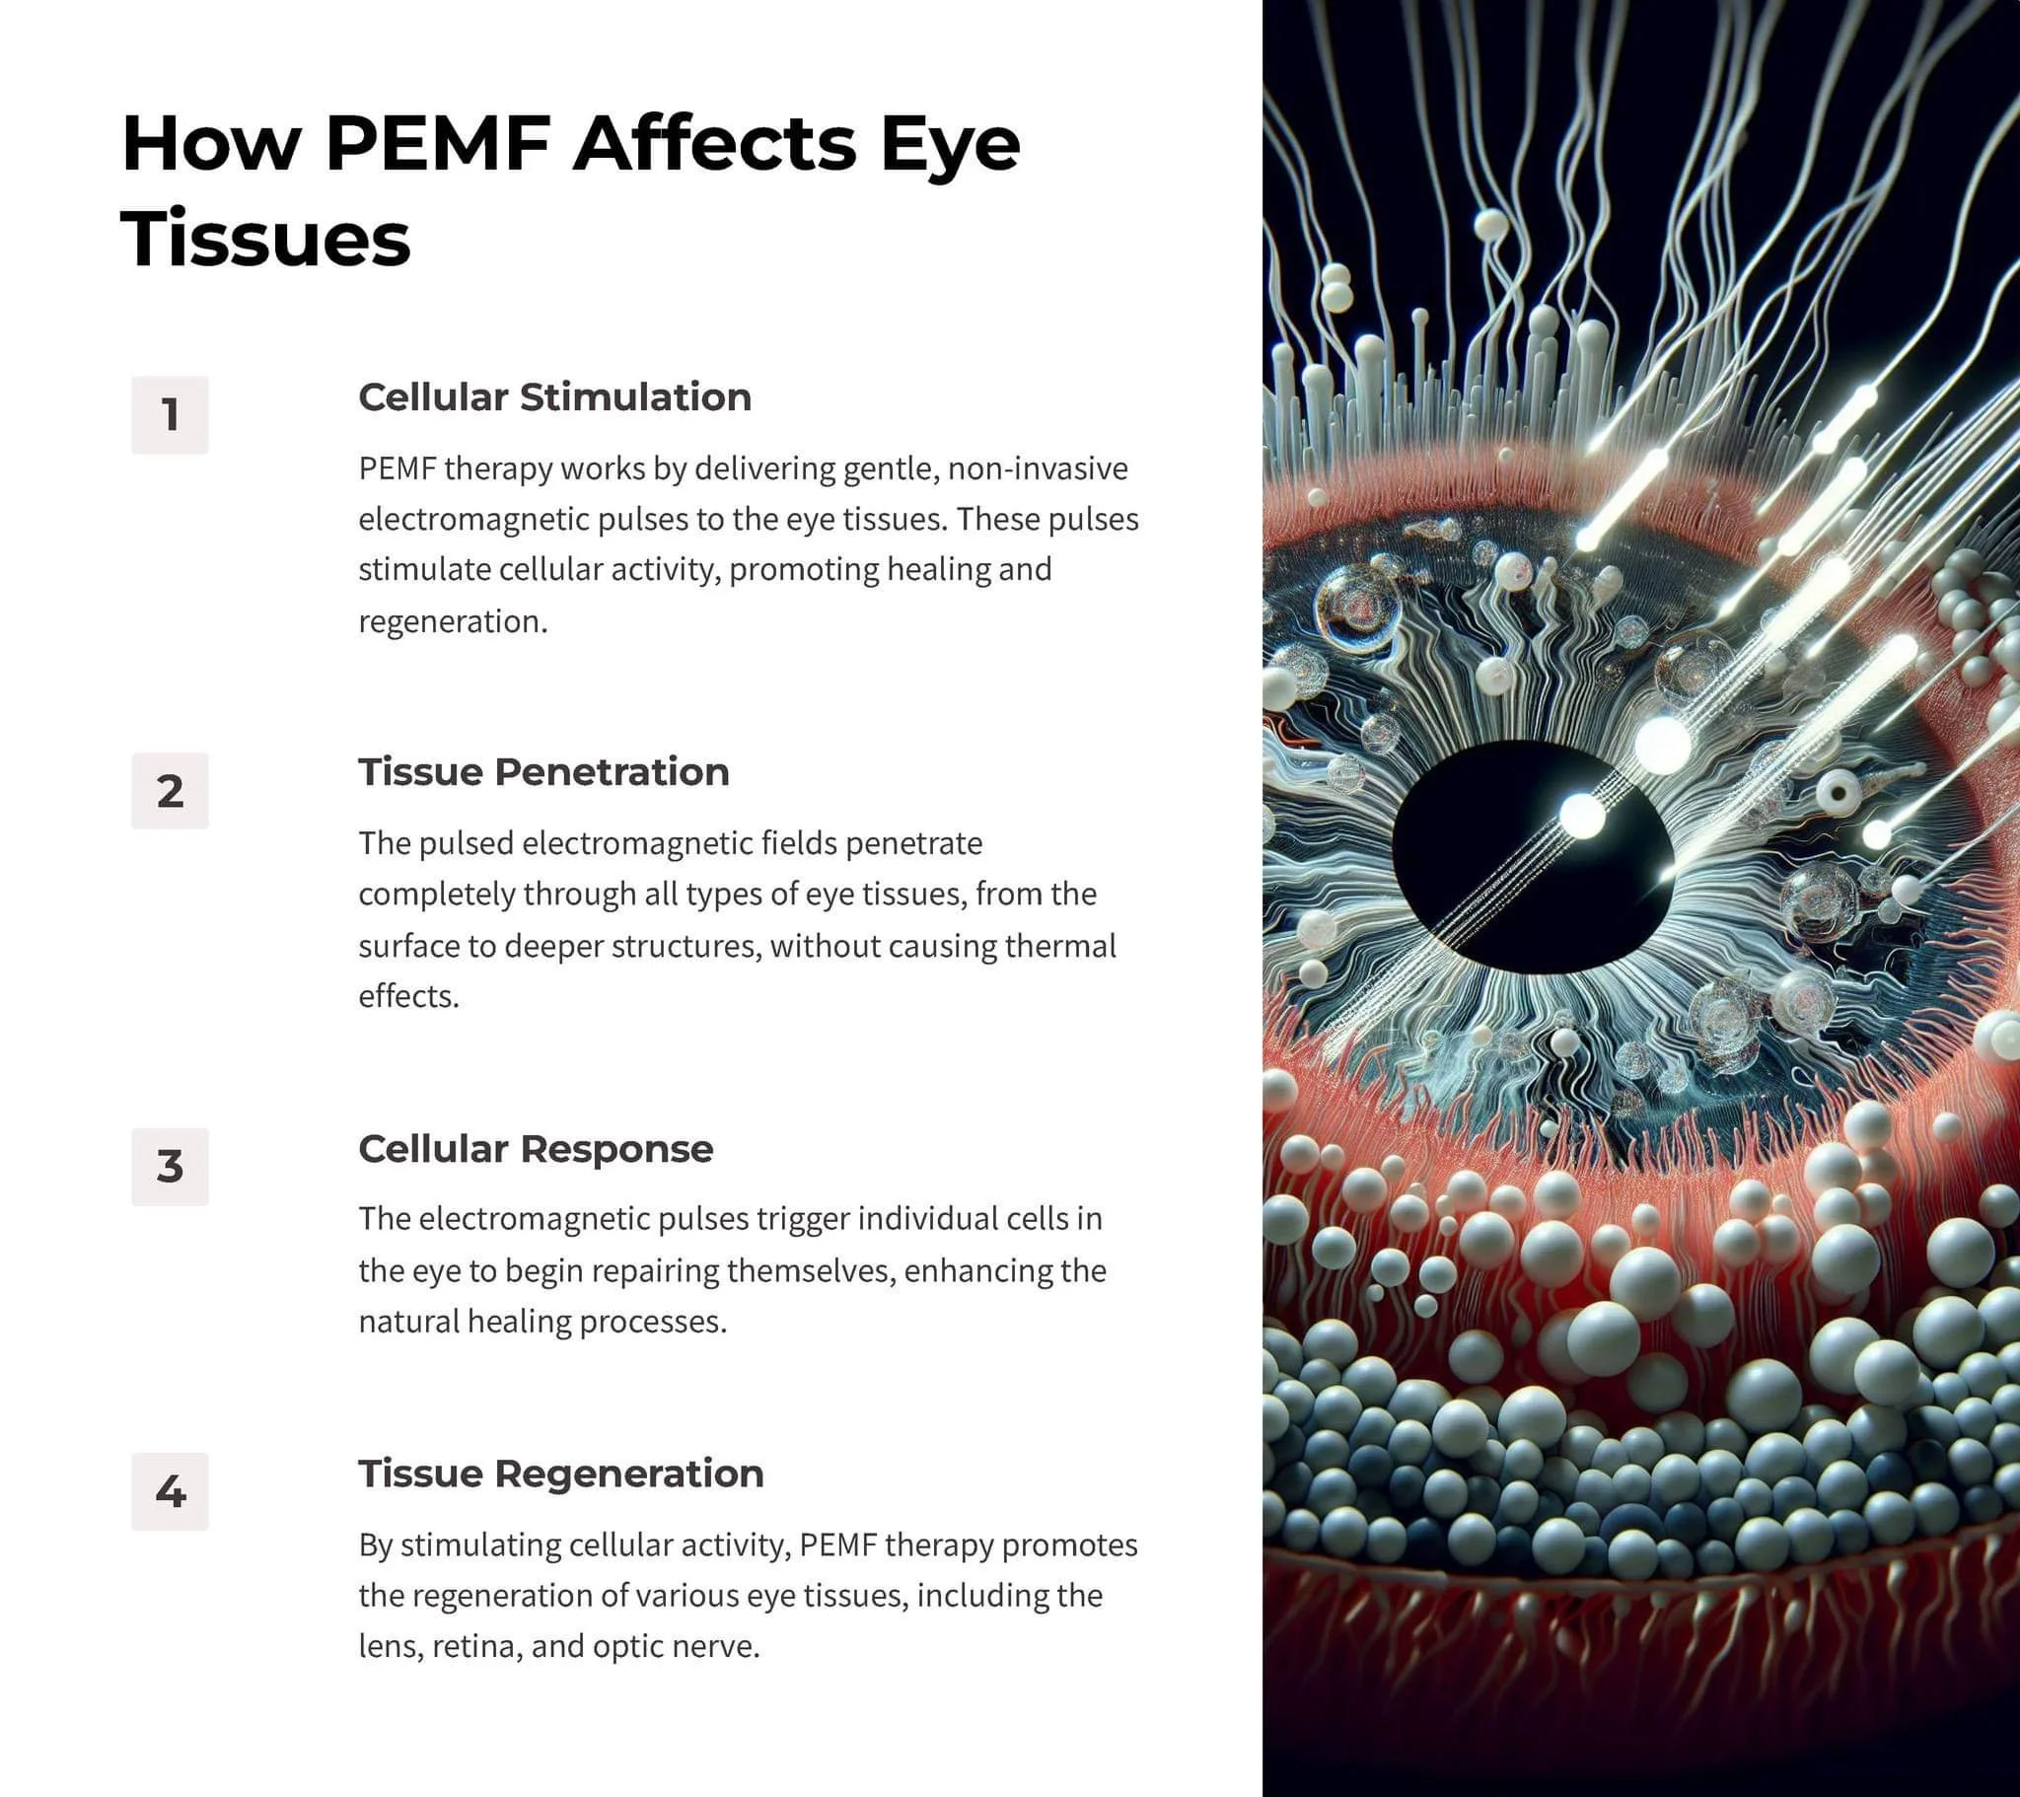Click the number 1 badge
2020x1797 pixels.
tap(170, 415)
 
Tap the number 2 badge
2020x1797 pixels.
tap(170, 791)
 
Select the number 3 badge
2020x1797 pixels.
tap(170, 1167)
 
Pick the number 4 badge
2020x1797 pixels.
tap(170, 1491)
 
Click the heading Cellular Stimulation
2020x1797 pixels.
tap(554, 397)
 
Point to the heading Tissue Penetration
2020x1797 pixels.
tap(543, 772)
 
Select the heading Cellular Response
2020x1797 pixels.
tap(536, 1149)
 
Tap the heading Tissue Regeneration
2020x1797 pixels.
tap(560, 1474)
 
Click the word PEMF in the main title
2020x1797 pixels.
tap(438, 144)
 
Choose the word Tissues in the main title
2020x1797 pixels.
tap(265, 240)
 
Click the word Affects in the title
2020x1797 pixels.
tap(714, 144)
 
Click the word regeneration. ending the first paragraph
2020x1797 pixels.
tap(453, 621)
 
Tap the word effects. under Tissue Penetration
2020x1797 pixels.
tap(408, 996)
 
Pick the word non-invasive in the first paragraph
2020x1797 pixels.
tap(1037, 468)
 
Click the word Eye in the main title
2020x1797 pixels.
tap(950, 144)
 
